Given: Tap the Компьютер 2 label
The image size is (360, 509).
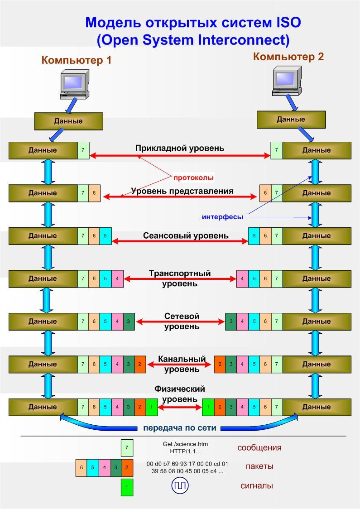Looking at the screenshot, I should point(288,57).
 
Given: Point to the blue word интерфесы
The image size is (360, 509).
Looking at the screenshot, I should point(222,217).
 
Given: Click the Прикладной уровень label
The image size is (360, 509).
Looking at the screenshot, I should point(180,148).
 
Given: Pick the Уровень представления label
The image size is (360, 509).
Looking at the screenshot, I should point(182,191).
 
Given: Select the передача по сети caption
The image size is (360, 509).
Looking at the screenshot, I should point(180,428).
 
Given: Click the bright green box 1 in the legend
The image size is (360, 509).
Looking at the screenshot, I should point(127,487).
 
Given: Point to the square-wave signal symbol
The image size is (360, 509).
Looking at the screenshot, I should point(180,486).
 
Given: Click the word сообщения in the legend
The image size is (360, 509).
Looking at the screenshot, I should point(259,448).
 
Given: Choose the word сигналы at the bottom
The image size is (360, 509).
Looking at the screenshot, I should point(256,486).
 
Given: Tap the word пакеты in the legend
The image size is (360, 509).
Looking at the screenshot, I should point(259,466).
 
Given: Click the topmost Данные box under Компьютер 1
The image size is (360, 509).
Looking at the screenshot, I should point(68,121).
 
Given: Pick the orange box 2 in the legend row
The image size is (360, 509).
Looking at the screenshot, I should point(127,467).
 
